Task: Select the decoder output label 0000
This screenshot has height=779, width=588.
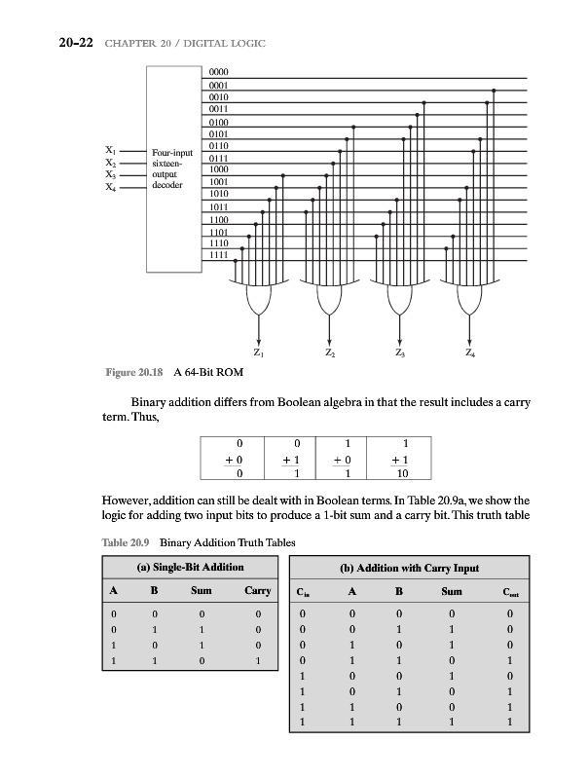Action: [x=218, y=73]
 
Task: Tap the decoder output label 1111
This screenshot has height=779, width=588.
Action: [x=218, y=254]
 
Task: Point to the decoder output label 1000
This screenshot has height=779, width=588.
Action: [x=218, y=169]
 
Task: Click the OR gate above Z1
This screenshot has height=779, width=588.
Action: [x=260, y=297]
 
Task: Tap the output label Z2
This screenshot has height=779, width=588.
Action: [x=330, y=352]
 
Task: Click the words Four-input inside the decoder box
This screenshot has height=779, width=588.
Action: [x=173, y=154]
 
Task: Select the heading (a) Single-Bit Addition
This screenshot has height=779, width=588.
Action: [x=190, y=567]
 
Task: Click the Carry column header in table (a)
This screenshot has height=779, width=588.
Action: [x=258, y=590]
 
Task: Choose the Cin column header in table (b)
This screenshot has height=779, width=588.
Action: [x=307, y=591]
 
